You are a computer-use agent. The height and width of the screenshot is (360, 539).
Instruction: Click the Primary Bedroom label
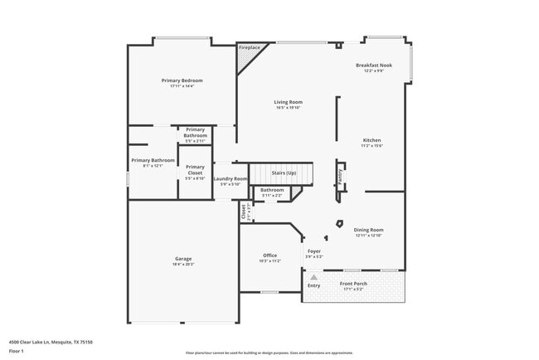182,80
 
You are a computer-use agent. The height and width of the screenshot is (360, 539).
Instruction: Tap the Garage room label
182,259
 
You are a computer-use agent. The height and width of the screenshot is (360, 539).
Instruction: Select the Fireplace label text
250,48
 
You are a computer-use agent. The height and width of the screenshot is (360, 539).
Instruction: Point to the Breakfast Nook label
374,65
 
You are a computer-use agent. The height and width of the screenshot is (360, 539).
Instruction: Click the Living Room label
289,102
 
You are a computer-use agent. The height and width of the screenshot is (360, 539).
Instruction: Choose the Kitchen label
371,140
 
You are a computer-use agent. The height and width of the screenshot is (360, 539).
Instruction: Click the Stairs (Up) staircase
284,174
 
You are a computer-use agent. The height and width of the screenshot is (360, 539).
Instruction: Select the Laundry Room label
230,178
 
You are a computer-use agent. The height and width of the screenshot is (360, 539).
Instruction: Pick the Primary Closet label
195,169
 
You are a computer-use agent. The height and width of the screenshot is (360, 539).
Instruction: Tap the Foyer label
314,251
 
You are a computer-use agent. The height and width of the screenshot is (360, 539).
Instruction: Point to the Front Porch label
353,284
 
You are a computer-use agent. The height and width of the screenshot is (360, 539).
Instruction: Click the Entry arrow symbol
313,277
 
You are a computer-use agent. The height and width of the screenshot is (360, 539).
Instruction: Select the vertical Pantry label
340,180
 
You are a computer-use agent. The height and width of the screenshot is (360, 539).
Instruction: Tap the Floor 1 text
17,351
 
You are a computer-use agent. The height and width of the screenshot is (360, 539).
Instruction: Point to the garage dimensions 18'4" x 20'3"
182,264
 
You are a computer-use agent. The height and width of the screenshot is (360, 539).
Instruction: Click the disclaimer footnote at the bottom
269,353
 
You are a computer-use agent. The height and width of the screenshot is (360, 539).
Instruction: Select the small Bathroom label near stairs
272,190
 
